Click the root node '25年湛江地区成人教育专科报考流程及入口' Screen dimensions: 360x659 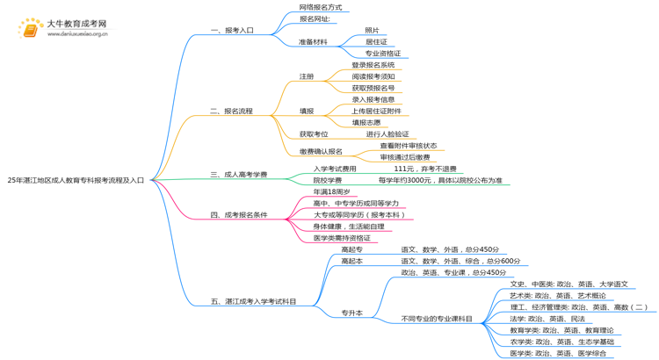(x=76, y=180)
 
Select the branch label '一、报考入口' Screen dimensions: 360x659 (x=232, y=30)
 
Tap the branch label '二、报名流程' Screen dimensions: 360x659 (x=232, y=111)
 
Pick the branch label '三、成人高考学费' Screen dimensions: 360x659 (x=239, y=174)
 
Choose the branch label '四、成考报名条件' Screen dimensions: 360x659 (x=239, y=214)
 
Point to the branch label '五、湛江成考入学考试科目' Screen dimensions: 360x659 (x=253, y=301)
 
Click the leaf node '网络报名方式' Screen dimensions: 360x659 (x=321, y=7)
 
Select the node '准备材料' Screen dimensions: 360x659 (x=313, y=41)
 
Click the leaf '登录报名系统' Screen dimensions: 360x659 (x=373, y=65)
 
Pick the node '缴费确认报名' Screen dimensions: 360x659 (x=321, y=151)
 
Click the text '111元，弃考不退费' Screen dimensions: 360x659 (x=424, y=169)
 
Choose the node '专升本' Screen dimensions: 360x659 (x=351, y=313)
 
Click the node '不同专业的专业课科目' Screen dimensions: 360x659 (x=437, y=319)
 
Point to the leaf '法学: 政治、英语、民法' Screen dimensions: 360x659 (x=547, y=319)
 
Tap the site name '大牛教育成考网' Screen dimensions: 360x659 (x=77, y=24)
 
